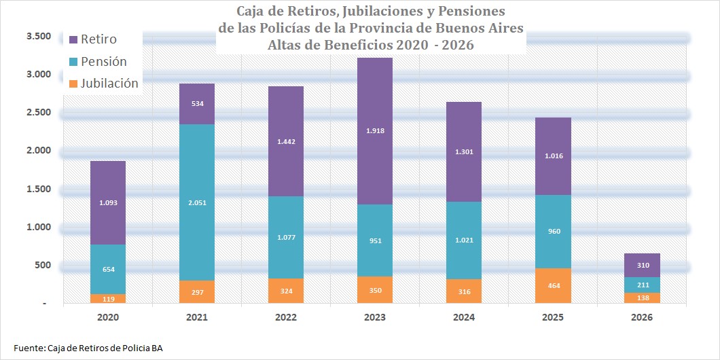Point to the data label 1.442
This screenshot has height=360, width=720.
286,143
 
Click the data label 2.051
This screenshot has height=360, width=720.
197,202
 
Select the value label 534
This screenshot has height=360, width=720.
197,104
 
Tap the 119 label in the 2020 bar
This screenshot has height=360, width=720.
108,298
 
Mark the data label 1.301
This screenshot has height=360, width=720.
464,152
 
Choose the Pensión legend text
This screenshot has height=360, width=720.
103,61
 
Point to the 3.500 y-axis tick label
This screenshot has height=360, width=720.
39,36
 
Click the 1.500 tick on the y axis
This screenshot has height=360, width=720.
39,188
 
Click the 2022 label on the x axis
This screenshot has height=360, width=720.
286,317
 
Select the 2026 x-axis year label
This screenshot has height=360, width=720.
642,317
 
